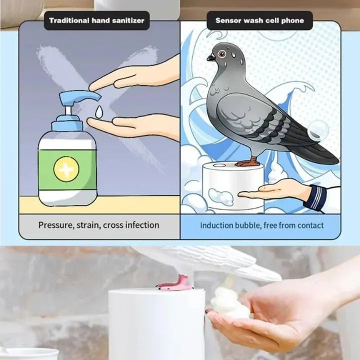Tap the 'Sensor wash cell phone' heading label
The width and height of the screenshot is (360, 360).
(x=259, y=21)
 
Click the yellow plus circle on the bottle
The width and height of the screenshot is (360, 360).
(x=66, y=169)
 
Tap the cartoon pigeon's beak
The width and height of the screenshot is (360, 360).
(x=210, y=57)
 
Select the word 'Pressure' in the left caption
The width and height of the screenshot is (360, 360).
(x=55, y=225)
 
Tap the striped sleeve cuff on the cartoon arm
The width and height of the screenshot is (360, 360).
(x=316, y=197)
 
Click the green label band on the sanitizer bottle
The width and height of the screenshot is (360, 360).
(x=67, y=169)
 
